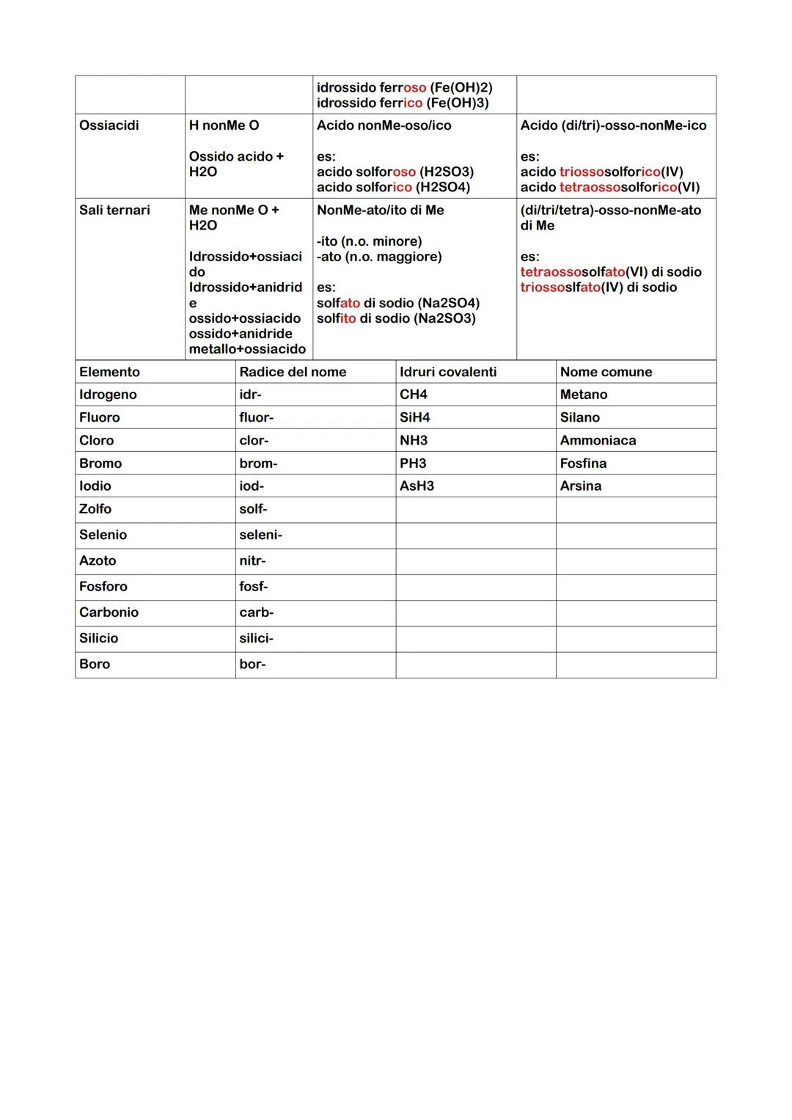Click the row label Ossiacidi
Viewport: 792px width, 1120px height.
click(109, 125)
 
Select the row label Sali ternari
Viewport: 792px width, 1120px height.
click(114, 210)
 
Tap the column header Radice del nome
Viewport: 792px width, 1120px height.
click(293, 372)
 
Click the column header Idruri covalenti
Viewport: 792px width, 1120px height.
click(448, 372)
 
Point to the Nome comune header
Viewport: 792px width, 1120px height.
click(606, 372)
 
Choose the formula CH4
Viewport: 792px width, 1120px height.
click(414, 395)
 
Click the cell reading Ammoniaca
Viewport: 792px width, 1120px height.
click(598, 440)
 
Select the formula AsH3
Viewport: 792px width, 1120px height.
click(417, 486)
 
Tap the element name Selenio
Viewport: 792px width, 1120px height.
click(103, 535)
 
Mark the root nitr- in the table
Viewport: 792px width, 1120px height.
click(252, 560)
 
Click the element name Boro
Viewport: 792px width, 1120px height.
click(95, 664)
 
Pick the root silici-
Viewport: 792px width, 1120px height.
click(256, 638)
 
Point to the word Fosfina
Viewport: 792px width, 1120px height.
click(583, 463)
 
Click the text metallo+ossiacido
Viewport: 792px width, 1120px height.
click(247, 349)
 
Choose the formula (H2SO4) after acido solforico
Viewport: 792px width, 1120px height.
click(443, 187)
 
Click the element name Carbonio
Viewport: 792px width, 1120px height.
click(109, 612)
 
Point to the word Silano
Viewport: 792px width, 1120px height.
click(579, 417)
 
